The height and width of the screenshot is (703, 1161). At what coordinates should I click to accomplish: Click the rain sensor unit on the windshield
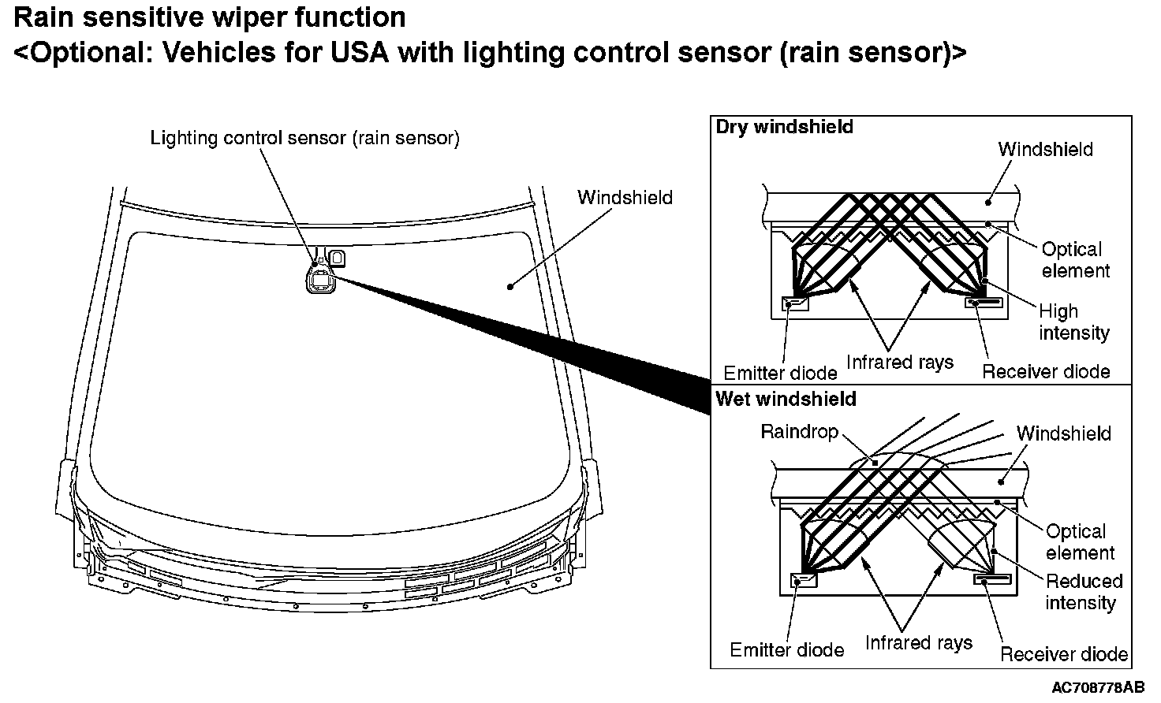(x=321, y=280)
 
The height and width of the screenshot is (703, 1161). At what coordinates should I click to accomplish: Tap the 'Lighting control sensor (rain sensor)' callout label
(x=304, y=139)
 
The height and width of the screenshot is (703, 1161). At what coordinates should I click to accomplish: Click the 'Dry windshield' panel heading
(x=784, y=127)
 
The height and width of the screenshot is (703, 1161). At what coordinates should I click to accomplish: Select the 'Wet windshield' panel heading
(x=786, y=399)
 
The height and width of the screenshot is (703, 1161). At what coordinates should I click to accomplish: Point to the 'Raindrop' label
(x=799, y=432)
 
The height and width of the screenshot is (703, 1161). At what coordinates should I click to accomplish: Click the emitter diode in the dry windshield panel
(x=794, y=303)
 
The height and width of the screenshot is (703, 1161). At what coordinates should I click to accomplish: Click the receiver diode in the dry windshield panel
(x=984, y=302)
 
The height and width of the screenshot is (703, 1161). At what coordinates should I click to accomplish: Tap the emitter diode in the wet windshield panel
(x=804, y=580)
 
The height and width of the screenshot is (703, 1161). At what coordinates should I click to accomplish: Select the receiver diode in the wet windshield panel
(x=992, y=578)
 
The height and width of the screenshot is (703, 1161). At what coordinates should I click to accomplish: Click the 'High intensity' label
(x=1074, y=322)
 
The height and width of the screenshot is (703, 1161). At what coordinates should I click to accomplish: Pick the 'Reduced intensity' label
(x=1084, y=592)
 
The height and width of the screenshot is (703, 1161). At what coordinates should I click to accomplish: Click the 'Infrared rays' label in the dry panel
(x=900, y=362)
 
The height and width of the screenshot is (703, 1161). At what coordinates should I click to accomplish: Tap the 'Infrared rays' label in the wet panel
(x=918, y=643)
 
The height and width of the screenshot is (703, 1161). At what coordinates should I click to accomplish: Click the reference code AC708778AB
(x=1098, y=687)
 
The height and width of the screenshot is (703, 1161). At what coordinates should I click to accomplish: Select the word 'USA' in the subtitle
(x=360, y=52)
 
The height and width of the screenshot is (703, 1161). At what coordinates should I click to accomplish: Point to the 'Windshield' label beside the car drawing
(x=625, y=197)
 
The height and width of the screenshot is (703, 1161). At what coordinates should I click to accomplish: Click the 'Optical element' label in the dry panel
(x=1076, y=259)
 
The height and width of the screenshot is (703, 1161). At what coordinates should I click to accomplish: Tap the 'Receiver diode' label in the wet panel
(x=1063, y=654)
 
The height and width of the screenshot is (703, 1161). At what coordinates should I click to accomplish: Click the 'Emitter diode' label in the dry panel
(x=780, y=373)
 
